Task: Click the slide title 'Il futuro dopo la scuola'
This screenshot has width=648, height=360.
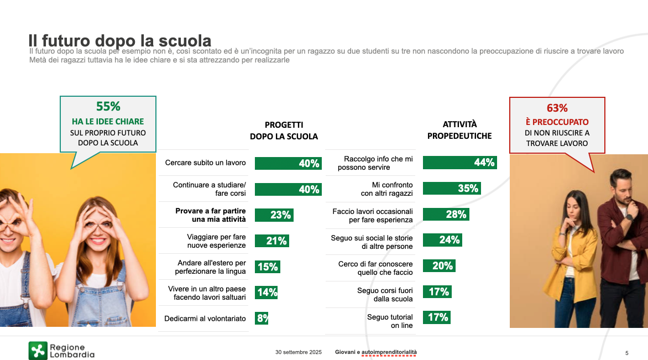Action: (120, 41)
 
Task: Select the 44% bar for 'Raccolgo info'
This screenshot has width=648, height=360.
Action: (459, 163)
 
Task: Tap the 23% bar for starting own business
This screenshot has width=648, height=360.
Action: (274, 215)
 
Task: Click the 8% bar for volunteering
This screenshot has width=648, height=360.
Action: (262, 318)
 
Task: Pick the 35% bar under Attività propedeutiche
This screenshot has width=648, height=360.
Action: (451, 189)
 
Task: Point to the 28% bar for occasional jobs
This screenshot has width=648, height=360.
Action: (446, 215)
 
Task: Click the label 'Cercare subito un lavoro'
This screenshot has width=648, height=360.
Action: (205, 163)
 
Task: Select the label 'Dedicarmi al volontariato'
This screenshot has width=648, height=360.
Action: (205, 319)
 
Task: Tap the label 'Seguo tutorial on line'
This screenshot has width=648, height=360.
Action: (390, 321)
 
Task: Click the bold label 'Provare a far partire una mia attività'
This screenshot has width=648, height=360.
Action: (211, 215)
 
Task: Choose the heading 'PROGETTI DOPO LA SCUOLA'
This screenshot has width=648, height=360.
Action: (284, 131)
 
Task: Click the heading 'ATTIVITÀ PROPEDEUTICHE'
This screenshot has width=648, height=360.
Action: (459, 130)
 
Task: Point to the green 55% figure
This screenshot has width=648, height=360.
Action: (108, 107)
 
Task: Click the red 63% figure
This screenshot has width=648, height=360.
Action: (557, 108)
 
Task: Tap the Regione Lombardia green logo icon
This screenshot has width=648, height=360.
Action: (38, 351)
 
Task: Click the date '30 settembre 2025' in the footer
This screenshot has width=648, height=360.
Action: (299, 352)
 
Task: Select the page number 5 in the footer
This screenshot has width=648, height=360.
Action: (626, 353)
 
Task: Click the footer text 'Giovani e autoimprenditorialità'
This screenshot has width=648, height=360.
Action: (376, 352)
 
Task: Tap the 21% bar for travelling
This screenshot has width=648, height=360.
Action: (271, 241)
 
